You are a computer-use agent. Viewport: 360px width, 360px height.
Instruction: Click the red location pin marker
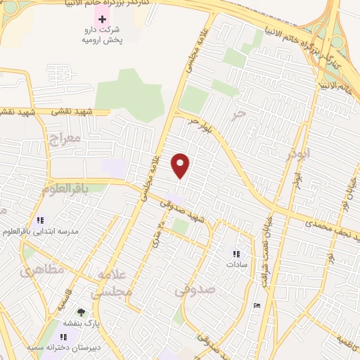tap(181, 165)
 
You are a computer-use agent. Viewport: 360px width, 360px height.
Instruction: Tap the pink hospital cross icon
tap(103, 18)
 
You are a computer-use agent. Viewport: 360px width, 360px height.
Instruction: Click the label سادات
tap(234, 265)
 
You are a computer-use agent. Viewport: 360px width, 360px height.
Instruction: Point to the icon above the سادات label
tap(236, 254)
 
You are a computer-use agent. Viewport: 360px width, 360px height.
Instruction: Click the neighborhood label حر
tap(240, 112)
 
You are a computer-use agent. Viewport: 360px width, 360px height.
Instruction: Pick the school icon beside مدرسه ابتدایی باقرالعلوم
tap(41, 219)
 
